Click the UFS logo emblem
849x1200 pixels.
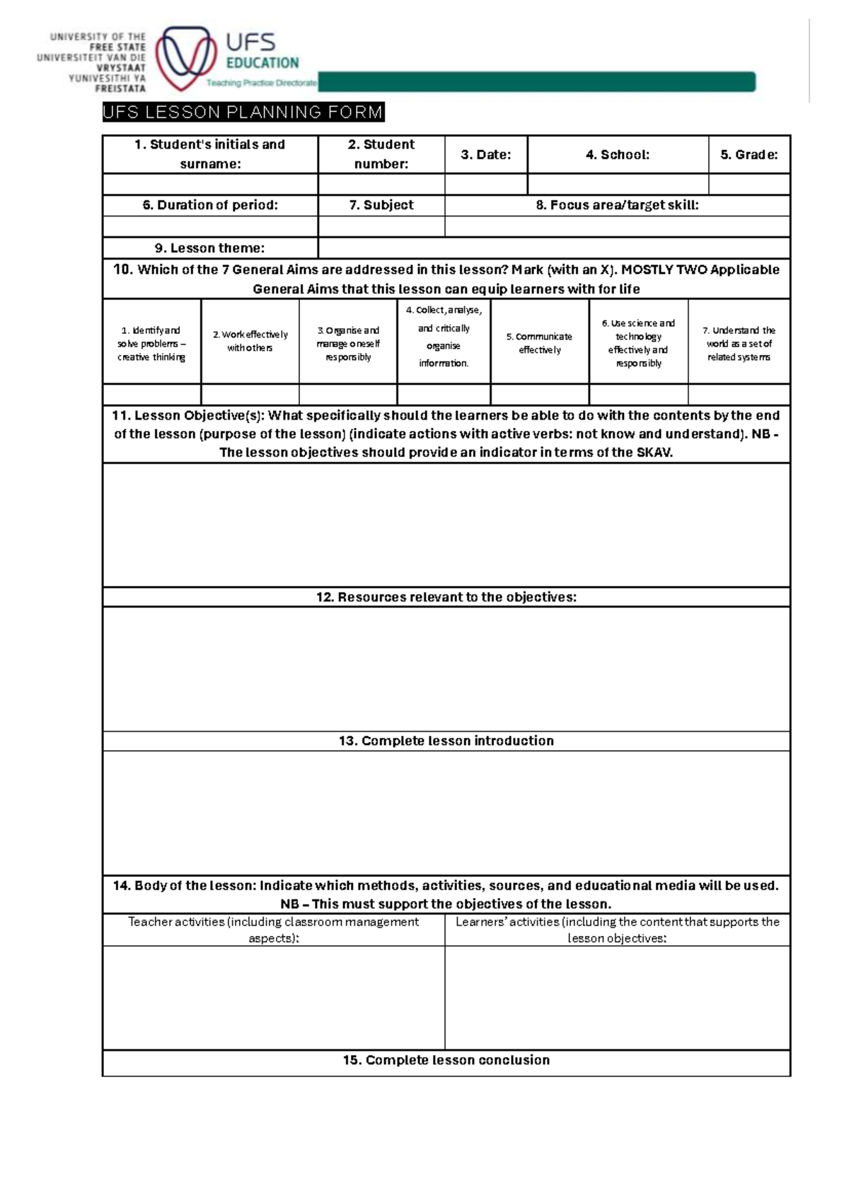point(186,58)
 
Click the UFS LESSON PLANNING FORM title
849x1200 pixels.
point(243,112)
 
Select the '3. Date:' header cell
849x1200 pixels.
point(485,154)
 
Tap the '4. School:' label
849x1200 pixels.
point(617,154)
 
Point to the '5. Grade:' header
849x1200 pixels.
point(749,154)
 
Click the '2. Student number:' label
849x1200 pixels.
point(381,154)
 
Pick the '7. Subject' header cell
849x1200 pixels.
point(381,205)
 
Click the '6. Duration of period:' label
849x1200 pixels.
point(210,205)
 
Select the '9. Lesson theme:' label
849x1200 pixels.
point(210,248)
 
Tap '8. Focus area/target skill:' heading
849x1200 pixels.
point(617,205)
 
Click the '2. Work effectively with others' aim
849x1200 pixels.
point(250,341)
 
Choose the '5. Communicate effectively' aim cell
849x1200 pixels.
point(539,343)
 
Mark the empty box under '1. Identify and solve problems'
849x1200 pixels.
point(151,394)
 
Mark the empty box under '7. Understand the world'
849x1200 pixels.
point(739,394)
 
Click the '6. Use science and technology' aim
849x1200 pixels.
point(638,343)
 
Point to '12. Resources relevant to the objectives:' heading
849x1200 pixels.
point(446,597)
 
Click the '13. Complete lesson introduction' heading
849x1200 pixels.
point(446,741)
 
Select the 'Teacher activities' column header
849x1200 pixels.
point(273,930)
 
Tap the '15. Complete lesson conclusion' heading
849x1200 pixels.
point(446,1060)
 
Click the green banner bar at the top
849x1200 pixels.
point(536,82)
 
